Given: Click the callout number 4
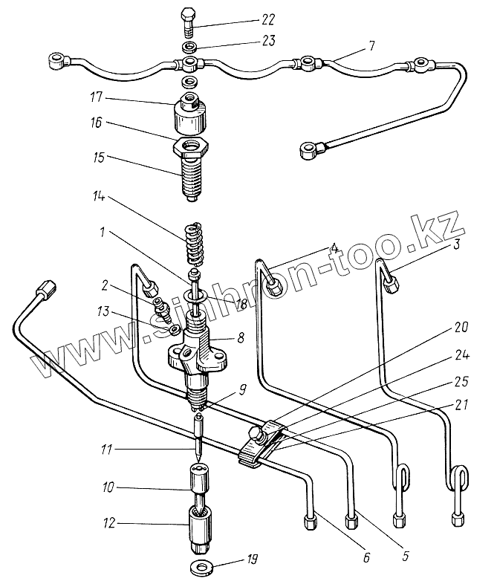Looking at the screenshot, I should point(336,247).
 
